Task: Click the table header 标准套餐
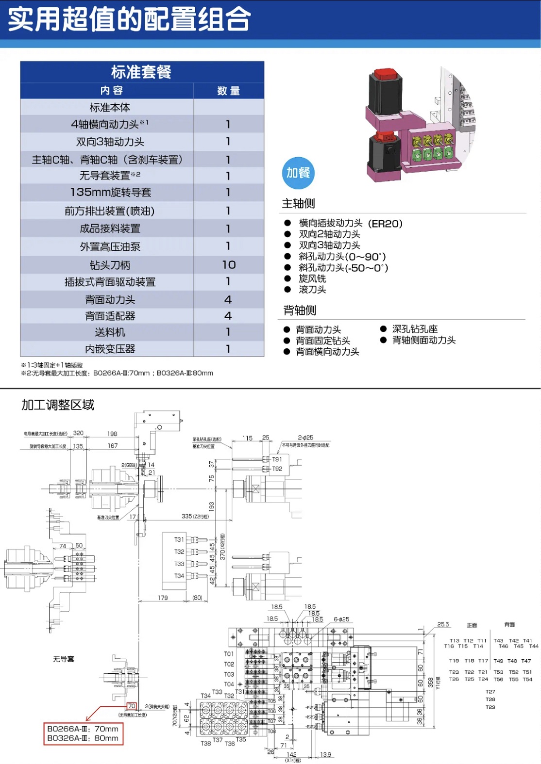point(141,72)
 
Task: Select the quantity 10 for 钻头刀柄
point(229,265)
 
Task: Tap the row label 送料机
point(110,332)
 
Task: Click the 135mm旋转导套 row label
point(111,193)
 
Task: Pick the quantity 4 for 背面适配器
point(228,316)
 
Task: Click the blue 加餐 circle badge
point(298,173)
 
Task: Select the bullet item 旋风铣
point(312,278)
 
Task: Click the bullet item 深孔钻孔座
point(415,329)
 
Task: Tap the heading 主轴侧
point(299,204)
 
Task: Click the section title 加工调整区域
point(58,405)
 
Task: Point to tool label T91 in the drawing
point(277,459)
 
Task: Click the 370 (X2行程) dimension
point(222,547)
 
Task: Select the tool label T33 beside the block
point(179,564)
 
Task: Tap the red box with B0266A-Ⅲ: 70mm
point(83,733)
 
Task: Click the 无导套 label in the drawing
point(64,659)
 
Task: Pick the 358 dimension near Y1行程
point(430,682)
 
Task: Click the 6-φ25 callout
point(341,619)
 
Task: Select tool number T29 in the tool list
point(490,707)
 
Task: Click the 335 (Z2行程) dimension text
point(195,516)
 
